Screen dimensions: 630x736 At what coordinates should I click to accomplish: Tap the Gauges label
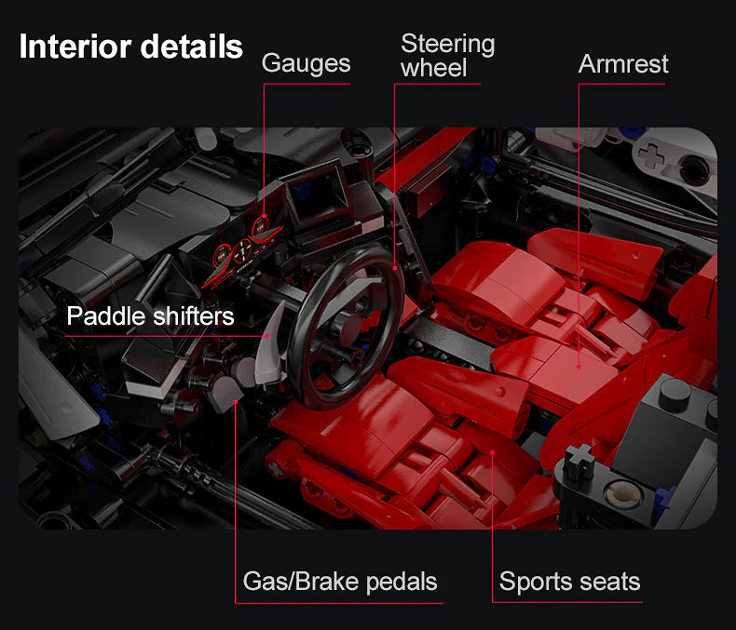point(306,63)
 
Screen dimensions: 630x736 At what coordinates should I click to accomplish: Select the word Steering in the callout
point(447,44)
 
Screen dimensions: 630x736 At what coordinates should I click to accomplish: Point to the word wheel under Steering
point(433,68)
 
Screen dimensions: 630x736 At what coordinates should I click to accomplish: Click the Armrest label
point(622,63)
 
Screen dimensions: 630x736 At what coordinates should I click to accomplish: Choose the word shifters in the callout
point(192,316)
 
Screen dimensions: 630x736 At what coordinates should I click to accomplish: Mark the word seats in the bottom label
point(606,583)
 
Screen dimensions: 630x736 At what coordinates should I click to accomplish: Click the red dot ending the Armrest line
point(579,365)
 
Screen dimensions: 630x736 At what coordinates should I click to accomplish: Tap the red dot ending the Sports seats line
point(492,453)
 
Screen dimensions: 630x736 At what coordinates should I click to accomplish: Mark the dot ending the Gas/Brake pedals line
point(236,400)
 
